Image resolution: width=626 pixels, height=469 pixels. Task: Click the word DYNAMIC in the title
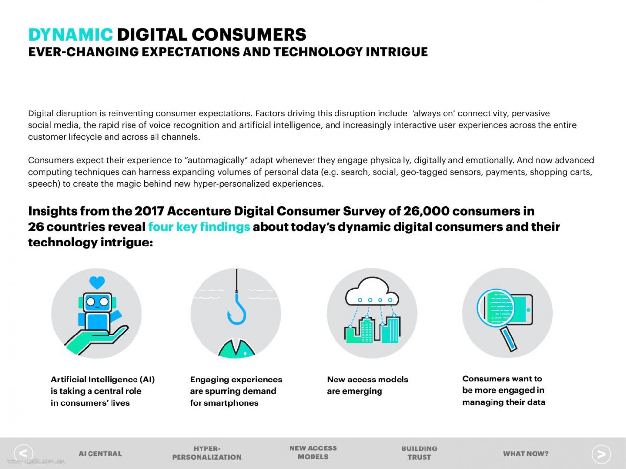[x=71, y=35]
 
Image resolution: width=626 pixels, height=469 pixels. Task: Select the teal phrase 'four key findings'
[x=199, y=227]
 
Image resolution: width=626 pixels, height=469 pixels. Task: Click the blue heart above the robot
[x=97, y=282]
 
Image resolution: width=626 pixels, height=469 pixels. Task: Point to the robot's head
[x=97, y=302]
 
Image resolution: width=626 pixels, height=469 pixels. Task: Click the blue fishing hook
[x=237, y=310]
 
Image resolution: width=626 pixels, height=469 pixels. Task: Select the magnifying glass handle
[x=508, y=339]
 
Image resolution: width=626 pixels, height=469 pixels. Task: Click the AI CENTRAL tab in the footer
[x=100, y=454]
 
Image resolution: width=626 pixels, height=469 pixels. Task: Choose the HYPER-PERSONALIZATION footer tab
[x=207, y=453]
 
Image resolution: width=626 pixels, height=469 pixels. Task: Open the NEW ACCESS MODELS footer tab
[x=313, y=453]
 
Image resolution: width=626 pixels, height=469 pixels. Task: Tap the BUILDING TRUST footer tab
[x=419, y=453]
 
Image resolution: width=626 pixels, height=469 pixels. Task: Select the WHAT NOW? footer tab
[x=526, y=454]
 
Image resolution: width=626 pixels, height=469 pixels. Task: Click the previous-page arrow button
[x=23, y=454]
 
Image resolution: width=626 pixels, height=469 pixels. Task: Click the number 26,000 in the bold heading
[x=426, y=211]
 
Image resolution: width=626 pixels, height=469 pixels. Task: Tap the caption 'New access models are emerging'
[x=368, y=385]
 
